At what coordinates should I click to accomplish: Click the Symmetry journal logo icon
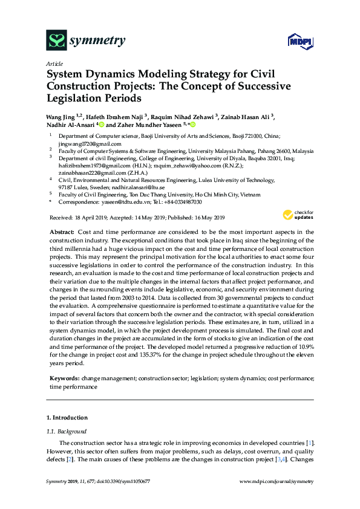tap(56, 41)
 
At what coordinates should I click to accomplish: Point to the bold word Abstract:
tap(62, 232)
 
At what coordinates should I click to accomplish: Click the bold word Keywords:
tap(64, 377)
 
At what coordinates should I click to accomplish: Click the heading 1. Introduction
tap(67, 418)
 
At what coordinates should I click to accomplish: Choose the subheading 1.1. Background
tap(67, 432)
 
